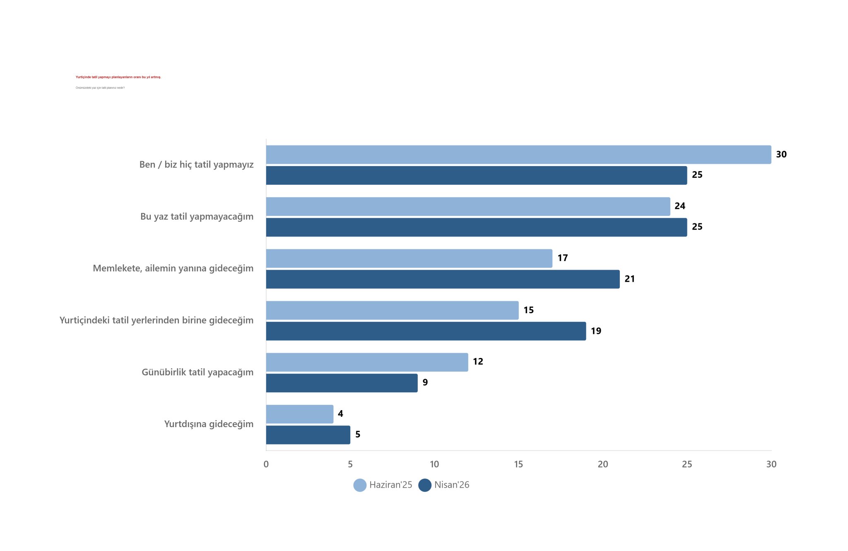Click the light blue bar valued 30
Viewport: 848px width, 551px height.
pyautogui.click(x=518, y=155)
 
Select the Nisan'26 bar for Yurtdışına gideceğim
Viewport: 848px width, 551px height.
pyautogui.click(x=308, y=435)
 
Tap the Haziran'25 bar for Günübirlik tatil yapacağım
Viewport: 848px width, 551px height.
pyautogui.click(x=367, y=362)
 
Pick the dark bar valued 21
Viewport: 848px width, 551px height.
pyautogui.click(x=443, y=279)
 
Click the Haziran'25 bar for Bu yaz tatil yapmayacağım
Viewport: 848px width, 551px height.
pyautogui.click(x=468, y=206)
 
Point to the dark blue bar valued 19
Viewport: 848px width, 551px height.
pyautogui.click(x=426, y=331)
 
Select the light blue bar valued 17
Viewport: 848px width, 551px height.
pyautogui.click(x=409, y=259)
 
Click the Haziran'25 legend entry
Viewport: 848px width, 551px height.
pyautogui.click(x=383, y=485)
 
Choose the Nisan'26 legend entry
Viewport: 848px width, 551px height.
pyautogui.click(x=444, y=485)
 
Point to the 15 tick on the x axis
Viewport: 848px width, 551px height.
pyautogui.click(x=518, y=464)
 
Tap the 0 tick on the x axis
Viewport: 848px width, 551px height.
pyautogui.click(x=266, y=464)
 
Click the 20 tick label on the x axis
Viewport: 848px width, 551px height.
pyautogui.click(x=603, y=464)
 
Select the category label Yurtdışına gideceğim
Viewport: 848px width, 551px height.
pyautogui.click(x=209, y=424)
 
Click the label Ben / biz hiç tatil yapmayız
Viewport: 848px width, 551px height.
pyautogui.click(x=196, y=165)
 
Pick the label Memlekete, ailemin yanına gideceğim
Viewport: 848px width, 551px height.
pyautogui.click(x=173, y=268)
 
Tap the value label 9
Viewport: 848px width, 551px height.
pyautogui.click(x=425, y=382)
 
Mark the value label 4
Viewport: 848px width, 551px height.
pyautogui.click(x=340, y=414)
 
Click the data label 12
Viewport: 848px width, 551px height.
pyautogui.click(x=478, y=362)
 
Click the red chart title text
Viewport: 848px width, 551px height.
pyautogui.click(x=118, y=77)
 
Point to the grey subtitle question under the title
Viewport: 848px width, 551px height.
pyautogui.click(x=100, y=88)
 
